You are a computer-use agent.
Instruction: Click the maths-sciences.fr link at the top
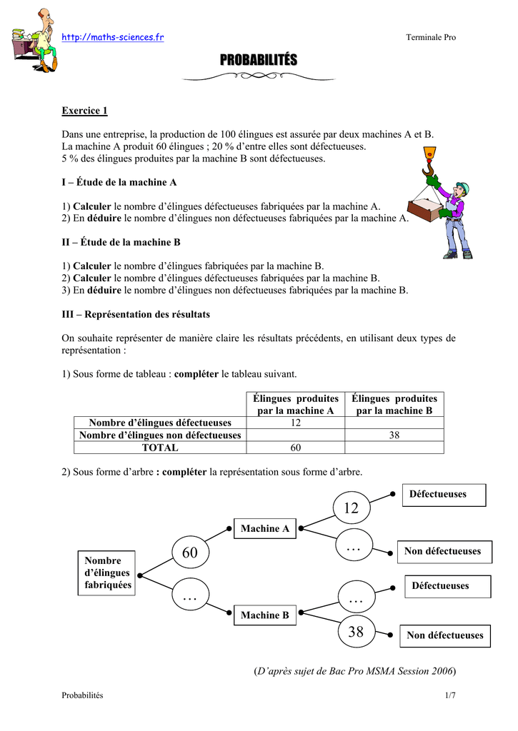click(x=113, y=37)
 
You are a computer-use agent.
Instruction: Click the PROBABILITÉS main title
click(x=258, y=60)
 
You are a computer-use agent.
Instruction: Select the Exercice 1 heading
click(x=84, y=111)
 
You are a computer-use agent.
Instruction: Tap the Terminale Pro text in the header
click(x=431, y=38)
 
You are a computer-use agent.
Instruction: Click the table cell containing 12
click(x=295, y=423)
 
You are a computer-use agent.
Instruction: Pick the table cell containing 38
click(x=394, y=435)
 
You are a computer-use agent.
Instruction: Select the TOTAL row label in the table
click(x=160, y=448)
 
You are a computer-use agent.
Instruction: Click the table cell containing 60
click(x=295, y=448)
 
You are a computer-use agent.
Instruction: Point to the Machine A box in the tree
click(x=265, y=529)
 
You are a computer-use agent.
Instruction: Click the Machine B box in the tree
click(x=265, y=615)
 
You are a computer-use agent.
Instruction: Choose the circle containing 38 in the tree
click(x=356, y=631)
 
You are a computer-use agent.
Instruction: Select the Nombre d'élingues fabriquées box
click(x=107, y=573)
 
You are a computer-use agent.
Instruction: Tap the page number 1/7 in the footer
click(x=450, y=696)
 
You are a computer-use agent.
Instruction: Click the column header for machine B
click(x=394, y=405)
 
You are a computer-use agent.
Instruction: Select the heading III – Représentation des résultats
click(x=136, y=314)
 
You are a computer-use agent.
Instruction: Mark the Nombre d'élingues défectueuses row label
click(x=160, y=423)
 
